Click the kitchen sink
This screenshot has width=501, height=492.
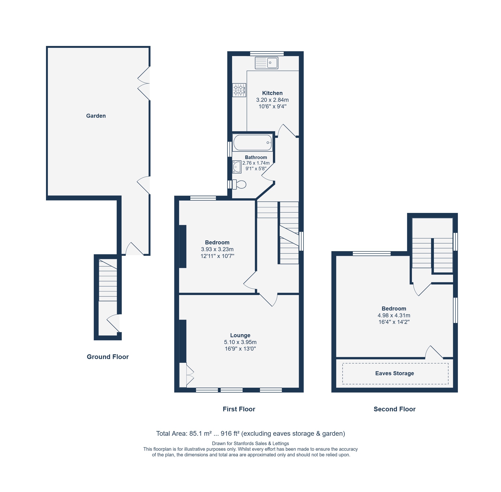266,63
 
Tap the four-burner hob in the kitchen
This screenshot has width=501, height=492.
239,90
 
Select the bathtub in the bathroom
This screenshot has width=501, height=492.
252,142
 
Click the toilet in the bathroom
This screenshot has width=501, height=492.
239,185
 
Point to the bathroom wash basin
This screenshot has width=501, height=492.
237,167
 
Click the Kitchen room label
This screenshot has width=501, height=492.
272,93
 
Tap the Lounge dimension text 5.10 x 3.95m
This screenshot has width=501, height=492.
240,342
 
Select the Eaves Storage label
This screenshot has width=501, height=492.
394,373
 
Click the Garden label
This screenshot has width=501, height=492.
96,116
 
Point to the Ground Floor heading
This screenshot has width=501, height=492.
107,357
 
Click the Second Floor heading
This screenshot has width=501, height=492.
394,409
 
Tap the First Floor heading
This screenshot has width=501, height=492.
239,409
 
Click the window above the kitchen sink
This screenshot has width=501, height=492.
267,54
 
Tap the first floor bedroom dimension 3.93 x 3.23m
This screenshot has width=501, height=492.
217,249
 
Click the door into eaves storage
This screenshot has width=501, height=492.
434,352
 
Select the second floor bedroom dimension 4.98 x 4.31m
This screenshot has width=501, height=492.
394,315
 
